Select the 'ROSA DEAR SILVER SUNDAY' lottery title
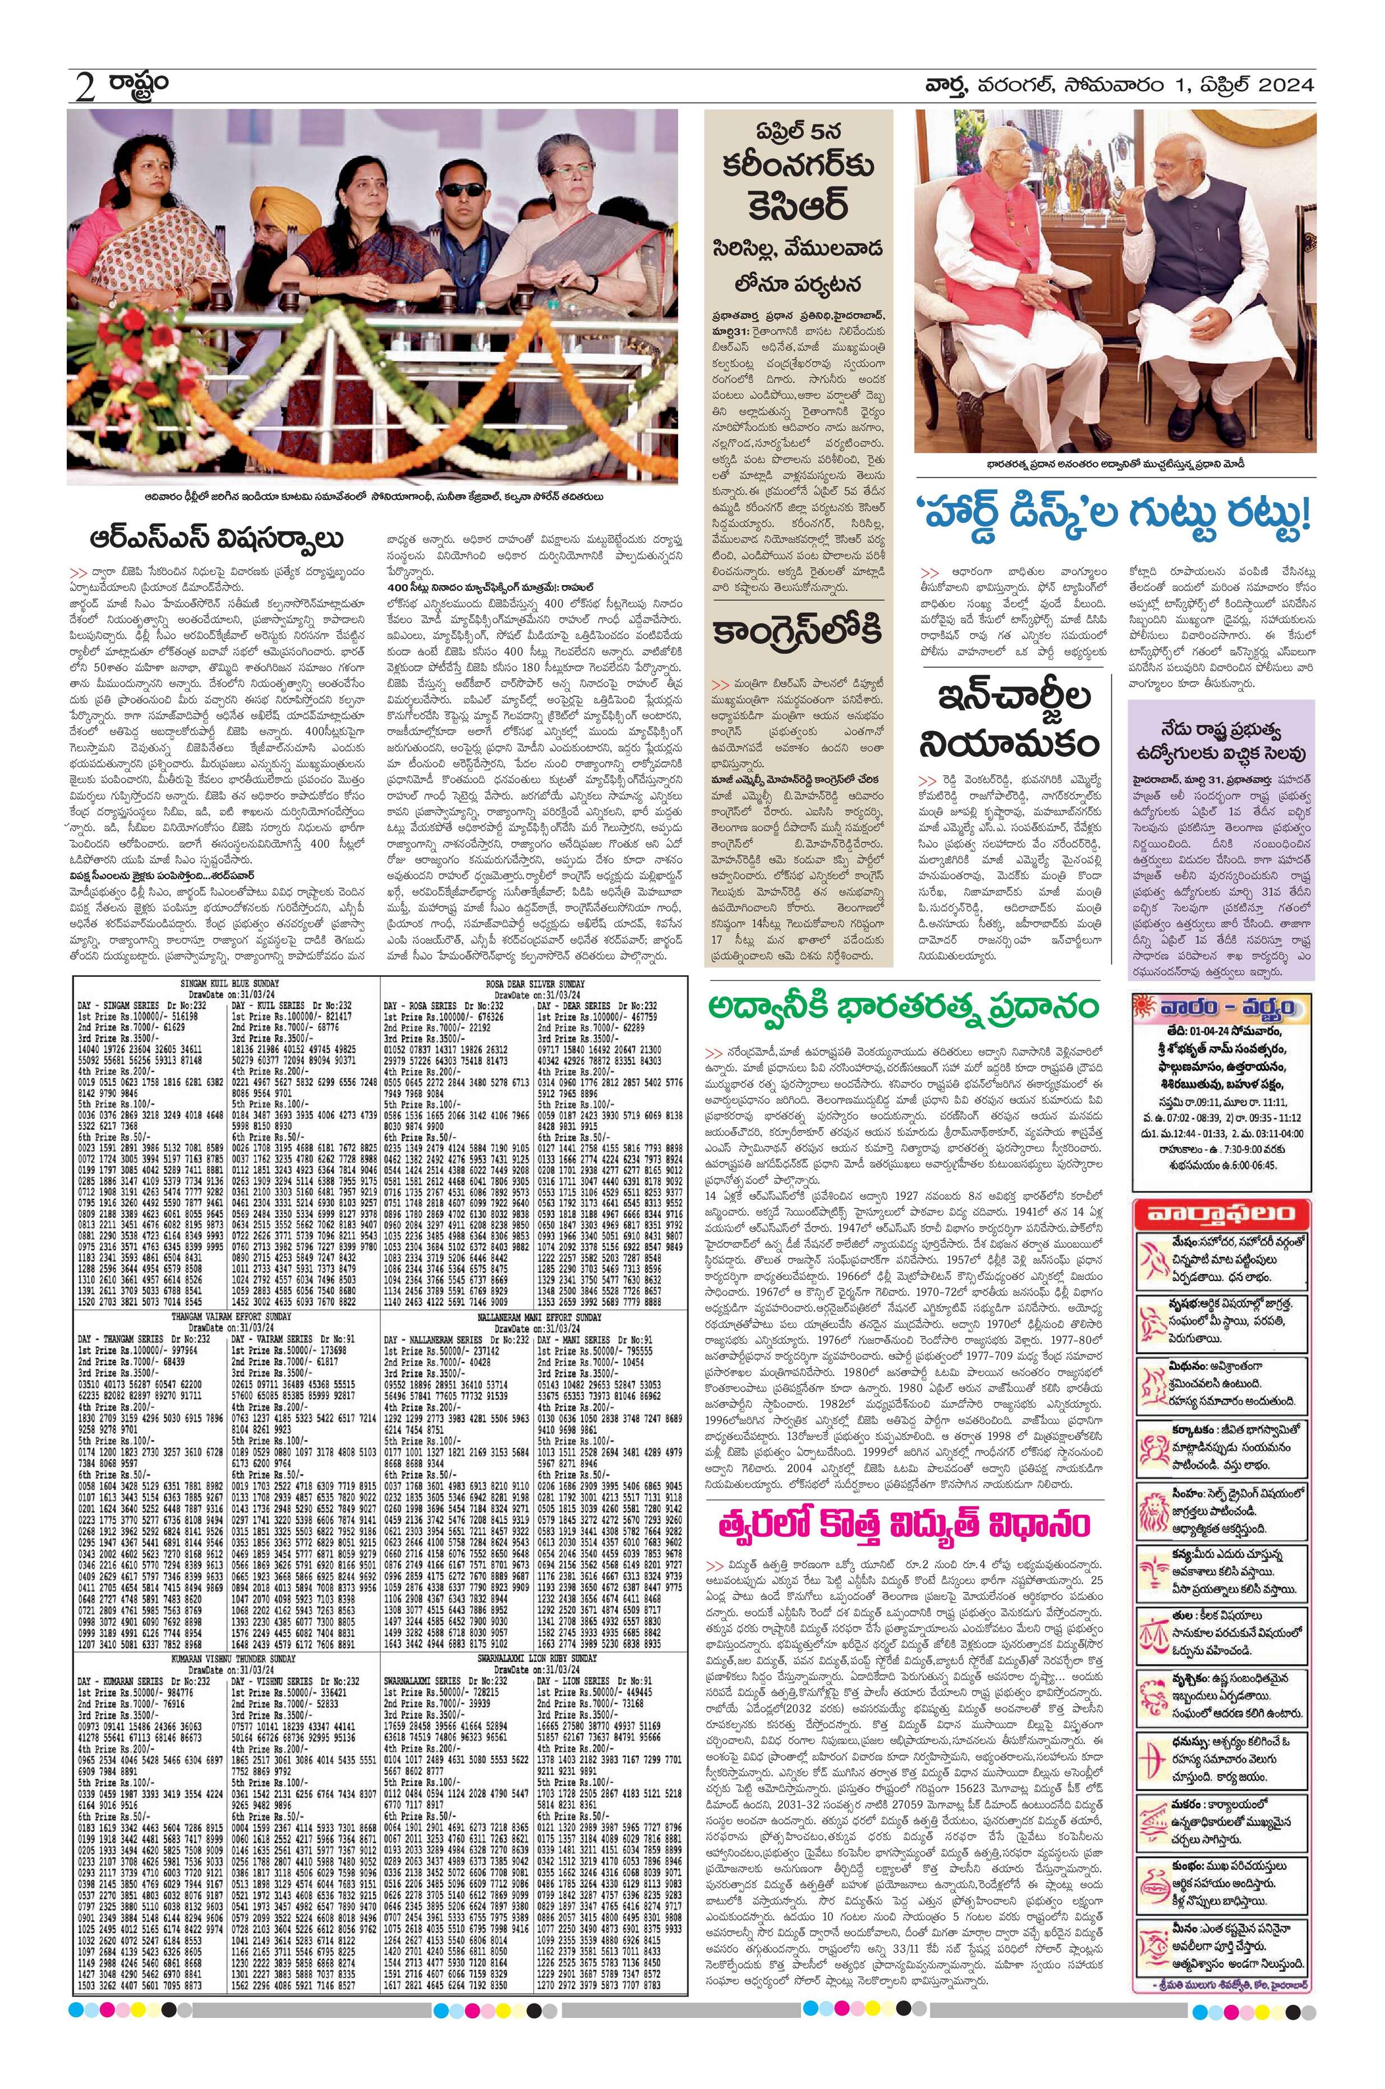coord(535,983)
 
